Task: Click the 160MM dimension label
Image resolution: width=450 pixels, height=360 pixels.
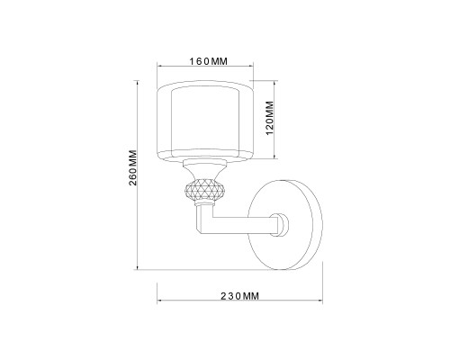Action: pyautogui.click(x=206, y=61)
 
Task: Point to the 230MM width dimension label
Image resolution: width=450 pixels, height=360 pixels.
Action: pyautogui.click(x=240, y=296)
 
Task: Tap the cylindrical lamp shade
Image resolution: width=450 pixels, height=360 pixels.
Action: pyautogui.click(x=205, y=121)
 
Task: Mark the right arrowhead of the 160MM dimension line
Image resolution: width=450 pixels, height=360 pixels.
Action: pyautogui.click(x=253, y=69)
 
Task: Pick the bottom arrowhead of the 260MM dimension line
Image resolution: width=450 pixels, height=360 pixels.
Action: pyautogui.click(x=137, y=267)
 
